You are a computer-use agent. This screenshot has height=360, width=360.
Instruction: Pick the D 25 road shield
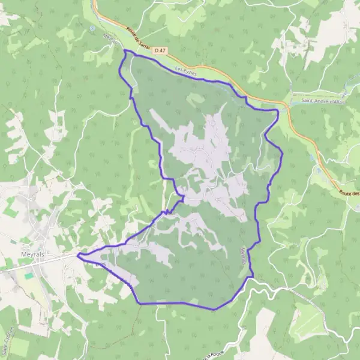[x=100, y=265]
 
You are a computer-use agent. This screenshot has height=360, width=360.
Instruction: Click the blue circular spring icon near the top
[x=93, y=28]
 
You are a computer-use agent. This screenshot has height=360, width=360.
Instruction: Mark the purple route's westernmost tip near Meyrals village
[x=78, y=254]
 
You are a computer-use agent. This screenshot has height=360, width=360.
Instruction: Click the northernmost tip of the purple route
[x=125, y=52]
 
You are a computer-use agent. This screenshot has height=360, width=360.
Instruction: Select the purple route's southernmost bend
[x=214, y=308]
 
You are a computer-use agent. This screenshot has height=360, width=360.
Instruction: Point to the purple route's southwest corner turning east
[x=140, y=303]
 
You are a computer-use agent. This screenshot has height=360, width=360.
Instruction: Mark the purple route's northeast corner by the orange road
[x=278, y=110]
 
